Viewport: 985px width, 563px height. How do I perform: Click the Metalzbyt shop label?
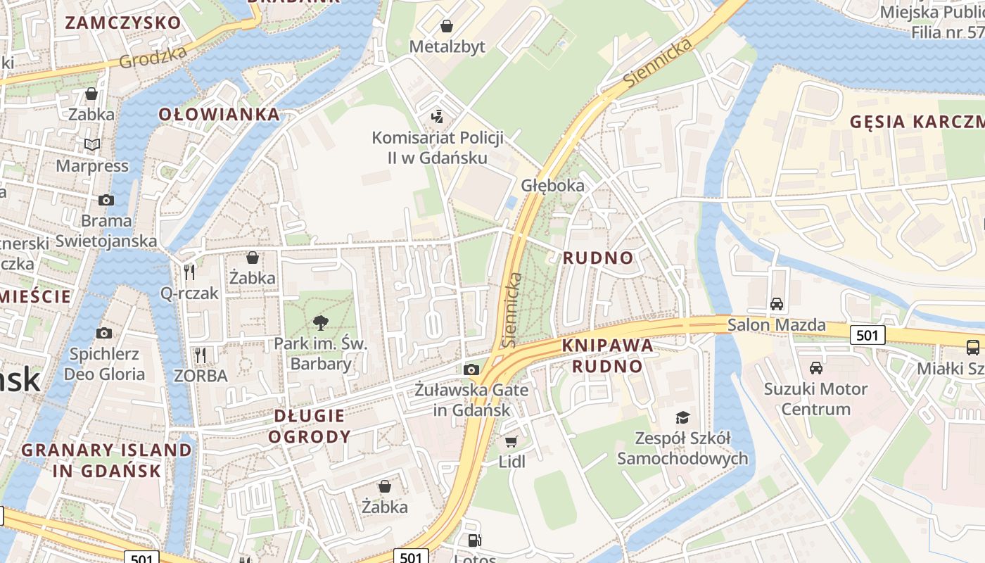click(x=447, y=46)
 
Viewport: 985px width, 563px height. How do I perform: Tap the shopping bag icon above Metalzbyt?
click(x=446, y=27)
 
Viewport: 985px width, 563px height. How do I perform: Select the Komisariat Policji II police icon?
click(x=438, y=116)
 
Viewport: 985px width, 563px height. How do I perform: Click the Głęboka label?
click(x=552, y=186)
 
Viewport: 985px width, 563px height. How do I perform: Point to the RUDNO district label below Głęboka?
click(x=598, y=258)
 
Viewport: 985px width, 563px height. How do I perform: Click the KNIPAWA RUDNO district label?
click(x=607, y=355)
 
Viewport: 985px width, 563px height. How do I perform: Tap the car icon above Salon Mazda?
click(x=777, y=304)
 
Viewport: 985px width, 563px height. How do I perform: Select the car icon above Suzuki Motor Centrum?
click(x=816, y=367)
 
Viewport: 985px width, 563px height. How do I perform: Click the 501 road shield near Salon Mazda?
click(x=867, y=336)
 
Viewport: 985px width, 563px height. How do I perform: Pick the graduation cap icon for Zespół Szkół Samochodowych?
click(x=682, y=417)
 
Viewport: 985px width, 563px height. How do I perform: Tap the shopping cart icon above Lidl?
click(x=511, y=441)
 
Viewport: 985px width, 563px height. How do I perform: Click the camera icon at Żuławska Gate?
click(x=471, y=369)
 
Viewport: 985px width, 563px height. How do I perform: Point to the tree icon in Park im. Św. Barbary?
click(x=321, y=323)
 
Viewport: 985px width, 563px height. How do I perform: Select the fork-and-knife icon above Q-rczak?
click(x=189, y=272)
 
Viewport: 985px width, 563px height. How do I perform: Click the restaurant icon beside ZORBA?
click(x=201, y=355)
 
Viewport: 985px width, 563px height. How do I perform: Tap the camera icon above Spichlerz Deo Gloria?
click(x=104, y=333)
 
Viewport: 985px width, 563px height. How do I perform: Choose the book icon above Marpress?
click(x=92, y=145)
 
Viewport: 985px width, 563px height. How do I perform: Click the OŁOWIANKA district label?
click(x=219, y=114)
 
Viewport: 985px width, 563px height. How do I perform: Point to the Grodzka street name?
click(x=153, y=57)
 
